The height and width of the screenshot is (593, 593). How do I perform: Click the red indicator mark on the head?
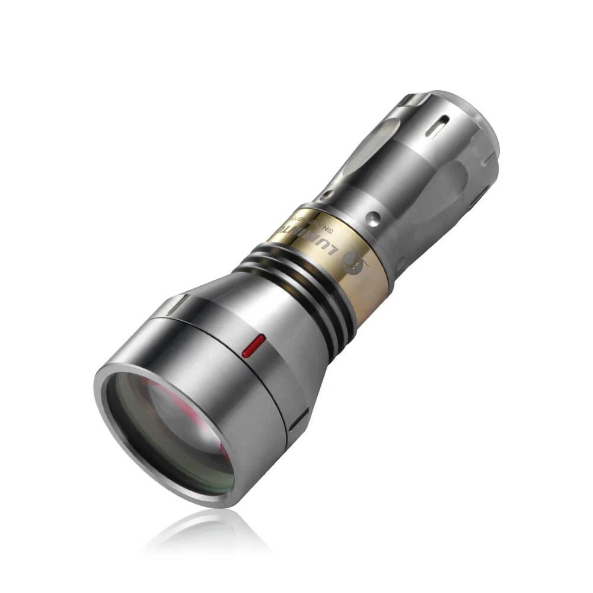(x=254, y=345)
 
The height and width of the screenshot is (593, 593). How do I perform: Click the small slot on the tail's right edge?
(x=490, y=159)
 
